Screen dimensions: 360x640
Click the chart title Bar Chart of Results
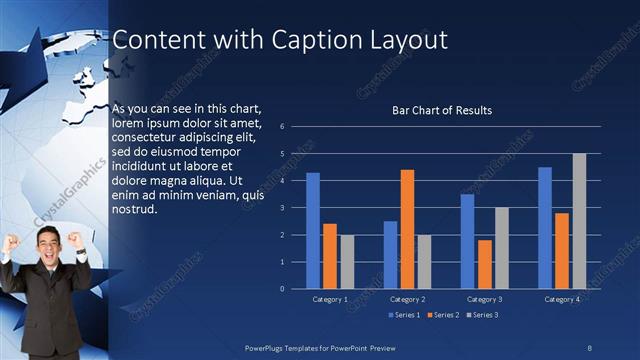point(441,110)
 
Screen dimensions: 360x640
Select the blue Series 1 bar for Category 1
point(313,230)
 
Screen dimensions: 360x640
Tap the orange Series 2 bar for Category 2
point(407,229)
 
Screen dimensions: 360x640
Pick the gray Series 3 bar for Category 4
point(579,221)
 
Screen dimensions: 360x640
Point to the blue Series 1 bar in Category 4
point(545,227)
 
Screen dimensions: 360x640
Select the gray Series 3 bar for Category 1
point(347,261)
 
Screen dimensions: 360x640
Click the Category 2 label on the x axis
point(407,299)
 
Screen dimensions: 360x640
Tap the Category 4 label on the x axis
point(562,299)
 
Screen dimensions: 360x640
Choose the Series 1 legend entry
point(403,315)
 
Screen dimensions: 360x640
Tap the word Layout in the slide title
point(409,40)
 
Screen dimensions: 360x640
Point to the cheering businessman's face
point(47,243)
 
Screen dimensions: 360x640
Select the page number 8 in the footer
point(590,346)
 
